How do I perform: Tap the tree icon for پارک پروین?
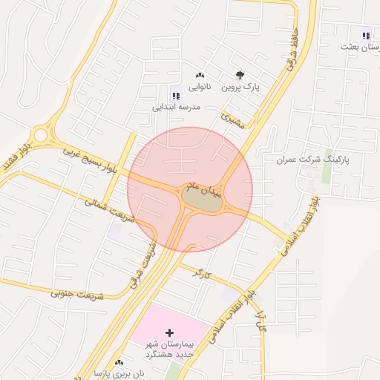point(239,75)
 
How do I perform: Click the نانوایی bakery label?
point(199,88)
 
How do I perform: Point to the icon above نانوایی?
point(199,75)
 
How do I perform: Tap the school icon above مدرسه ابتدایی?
point(177,94)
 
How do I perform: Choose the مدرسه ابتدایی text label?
point(177,108)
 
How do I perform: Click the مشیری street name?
point(233,121)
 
